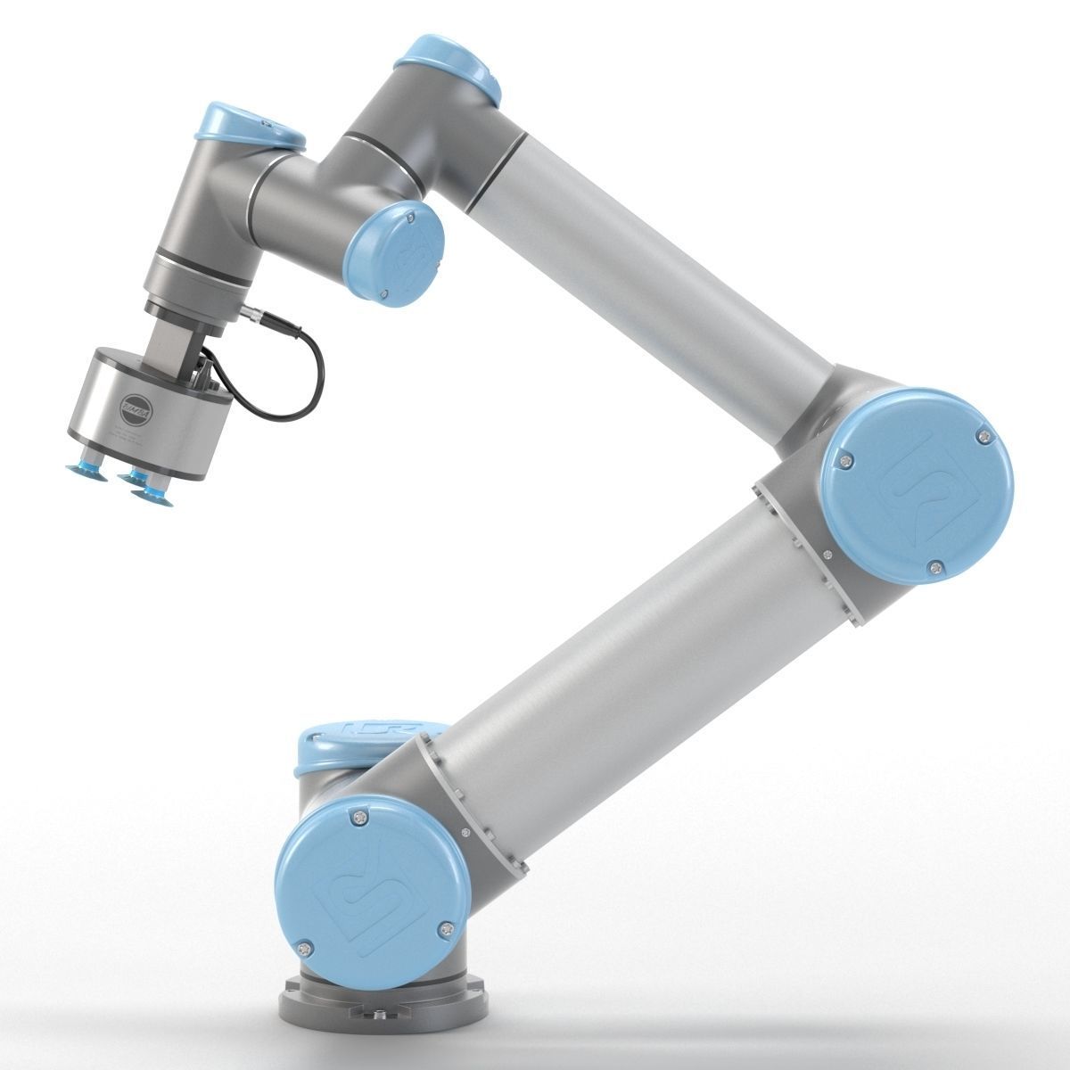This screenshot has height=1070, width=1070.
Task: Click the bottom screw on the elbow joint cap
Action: (934, 565)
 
